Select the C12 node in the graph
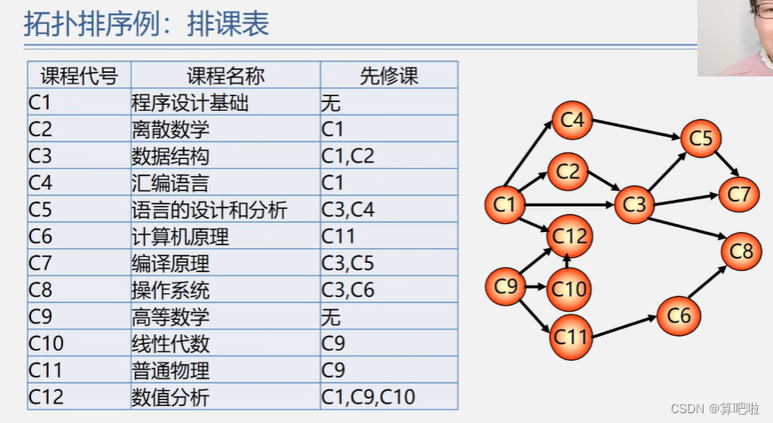click(570, 235)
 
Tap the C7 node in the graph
click(739, 193)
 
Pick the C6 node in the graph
click(679, 315)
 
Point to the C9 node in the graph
click(506, 286)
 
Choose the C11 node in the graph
click(571, 337)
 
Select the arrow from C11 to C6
click(625, 326)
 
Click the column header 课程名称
click(226, 76)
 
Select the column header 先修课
click(389, 76)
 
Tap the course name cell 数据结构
click(171, 156)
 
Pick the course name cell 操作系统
click(171, 290)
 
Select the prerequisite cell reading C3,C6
click(348, 290)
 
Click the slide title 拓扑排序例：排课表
click(147, 24)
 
